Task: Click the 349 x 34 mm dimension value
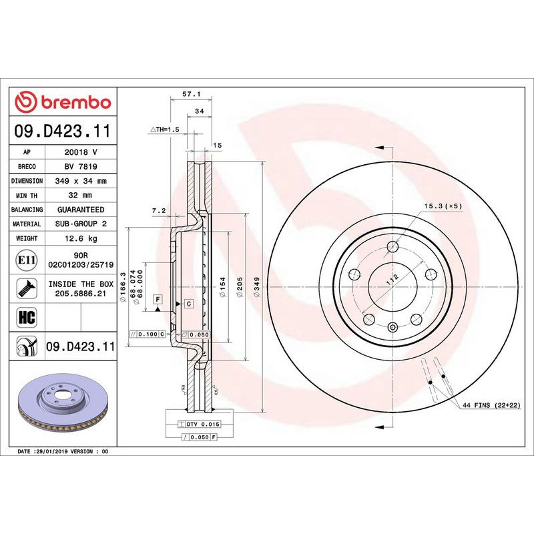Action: (81, 181)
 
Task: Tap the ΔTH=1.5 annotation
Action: (165, 129)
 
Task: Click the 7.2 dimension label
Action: (159, 211)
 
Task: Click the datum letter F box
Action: (159, 300)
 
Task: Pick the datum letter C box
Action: (189, 304)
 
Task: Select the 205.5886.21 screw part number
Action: (81, 293)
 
